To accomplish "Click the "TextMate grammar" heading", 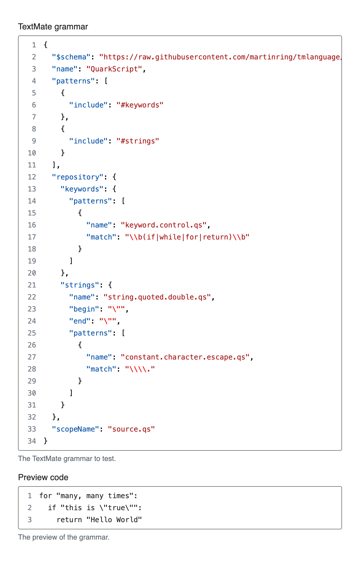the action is click(x=53, y=27).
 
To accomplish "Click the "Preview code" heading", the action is click(x=43, y=477).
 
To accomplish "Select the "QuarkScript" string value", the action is click(x=114, y=69).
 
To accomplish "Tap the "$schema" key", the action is click(x=71, y=57).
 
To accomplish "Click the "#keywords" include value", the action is click(x=140, y=105).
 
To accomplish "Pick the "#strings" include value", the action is click(x=138, y=141).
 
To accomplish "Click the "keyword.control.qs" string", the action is click(x=164, y=225).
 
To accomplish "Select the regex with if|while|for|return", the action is click(x=187, y=237).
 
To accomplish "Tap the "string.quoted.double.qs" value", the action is click(x=157, y=297).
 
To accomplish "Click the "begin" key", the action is click(x=84, y=309).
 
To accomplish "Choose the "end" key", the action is click(x=80, y=321).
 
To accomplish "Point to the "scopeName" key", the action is click(x=76, y=429).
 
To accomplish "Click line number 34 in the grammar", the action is click(x=32, y=441).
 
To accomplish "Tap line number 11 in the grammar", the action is click(x=32, y=165).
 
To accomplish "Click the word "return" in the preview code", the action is click(x=69, y=520).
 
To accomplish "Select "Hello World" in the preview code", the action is click(x=114, y=520).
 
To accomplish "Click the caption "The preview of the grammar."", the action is click(x=64, y=537).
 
